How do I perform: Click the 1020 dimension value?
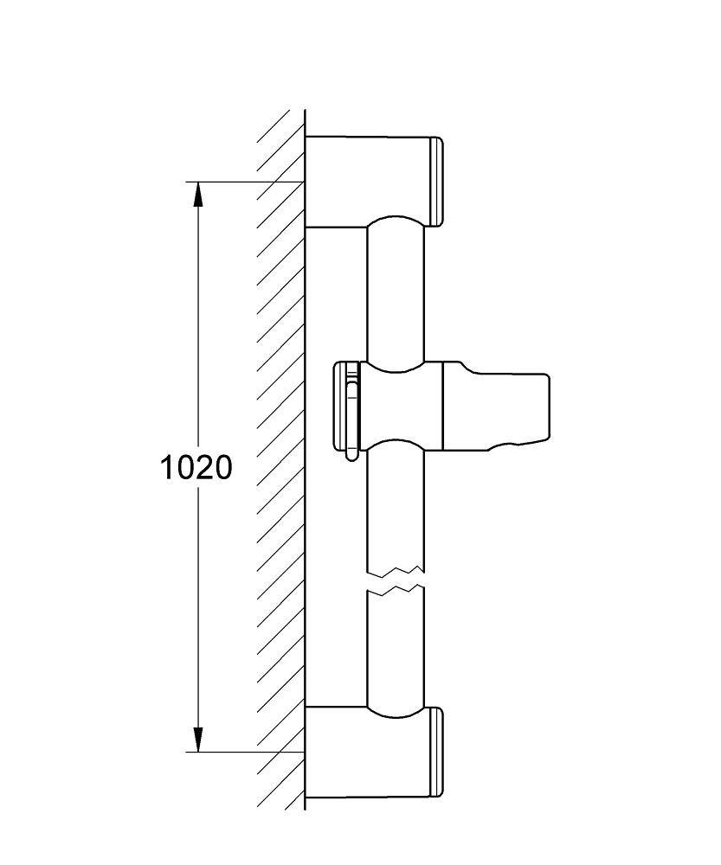click(196, 467)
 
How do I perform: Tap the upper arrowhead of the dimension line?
click(197, 194)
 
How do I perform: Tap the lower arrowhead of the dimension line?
click(197, 740)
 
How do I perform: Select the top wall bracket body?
click(367, 181)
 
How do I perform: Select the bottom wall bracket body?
click(367, 753)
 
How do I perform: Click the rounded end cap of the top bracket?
click(436, 182)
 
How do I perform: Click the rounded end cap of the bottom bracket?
click(436, 753)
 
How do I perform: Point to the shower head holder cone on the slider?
click(495, 406)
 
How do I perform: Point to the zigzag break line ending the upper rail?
click(396, 570)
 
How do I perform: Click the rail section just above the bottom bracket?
click(396, 651)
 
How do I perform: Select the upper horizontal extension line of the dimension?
click(245, 182)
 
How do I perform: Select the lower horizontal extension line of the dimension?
click(245, 752)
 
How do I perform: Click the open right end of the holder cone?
click(548, 408)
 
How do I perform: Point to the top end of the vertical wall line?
click(306, 109)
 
